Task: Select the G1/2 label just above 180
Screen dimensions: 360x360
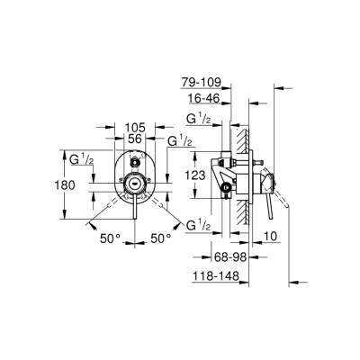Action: coord(80,159)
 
